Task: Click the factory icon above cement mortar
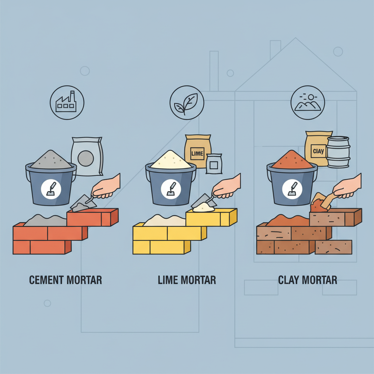(x=67, y=103)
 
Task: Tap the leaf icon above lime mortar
(x=187, y=103)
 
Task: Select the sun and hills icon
(x=308, y=103)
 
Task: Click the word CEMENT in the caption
(x=46, y=280)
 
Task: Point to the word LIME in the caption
(x=168, y=280)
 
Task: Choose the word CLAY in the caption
(x=289, y=280)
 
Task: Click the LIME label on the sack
(x=197, y=153)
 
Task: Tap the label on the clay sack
(x=318, y=151)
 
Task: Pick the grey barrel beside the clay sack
(x=338, y=152)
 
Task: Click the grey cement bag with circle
(x=87, y=156)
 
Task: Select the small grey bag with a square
(x=214, y=164)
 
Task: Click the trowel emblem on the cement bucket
(x=51, y=189)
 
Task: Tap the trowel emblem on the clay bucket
(x=292, y=189)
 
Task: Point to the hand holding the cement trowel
(x=106, y=187)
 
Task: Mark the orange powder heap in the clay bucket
(x=292, y=159)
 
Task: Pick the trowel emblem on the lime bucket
(x=171, y=189)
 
